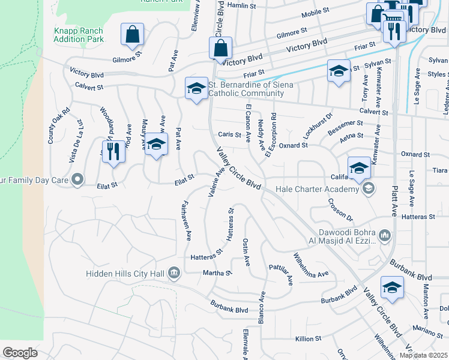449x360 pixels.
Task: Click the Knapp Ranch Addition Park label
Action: click(79, 35)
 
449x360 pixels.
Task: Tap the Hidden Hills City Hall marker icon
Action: click(174, 274)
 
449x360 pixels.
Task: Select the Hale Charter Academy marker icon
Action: click(369, 189)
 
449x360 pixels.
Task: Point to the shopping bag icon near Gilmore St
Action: click(132, 34)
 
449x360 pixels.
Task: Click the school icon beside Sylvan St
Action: click(339, 70)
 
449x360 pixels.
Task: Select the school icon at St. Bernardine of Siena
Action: click(196, 89)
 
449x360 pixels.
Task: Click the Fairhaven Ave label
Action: click(185, 217)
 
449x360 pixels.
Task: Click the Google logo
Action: click(20, 353)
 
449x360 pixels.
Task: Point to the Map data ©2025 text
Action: click(423, 355)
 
